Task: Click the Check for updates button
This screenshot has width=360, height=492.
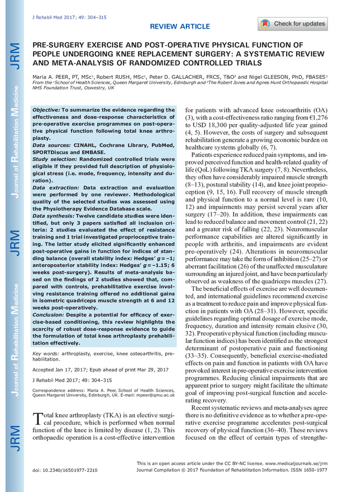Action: tap(292, 24)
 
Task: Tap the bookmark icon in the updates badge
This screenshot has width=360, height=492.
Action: tap(266, 24)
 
